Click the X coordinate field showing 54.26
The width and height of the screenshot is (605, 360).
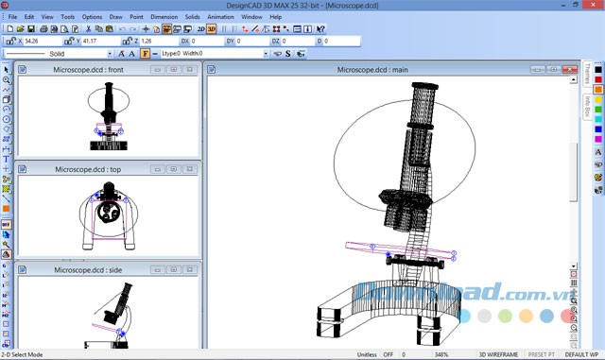click(43, 42)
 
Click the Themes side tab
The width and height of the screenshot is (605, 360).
click(586, 75)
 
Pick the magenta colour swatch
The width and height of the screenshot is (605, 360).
click(598, 139)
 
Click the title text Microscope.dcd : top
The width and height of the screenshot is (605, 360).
click(87, 170)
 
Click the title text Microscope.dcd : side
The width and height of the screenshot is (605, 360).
click(87, 269)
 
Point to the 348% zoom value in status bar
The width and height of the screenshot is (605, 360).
click(441, 354)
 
